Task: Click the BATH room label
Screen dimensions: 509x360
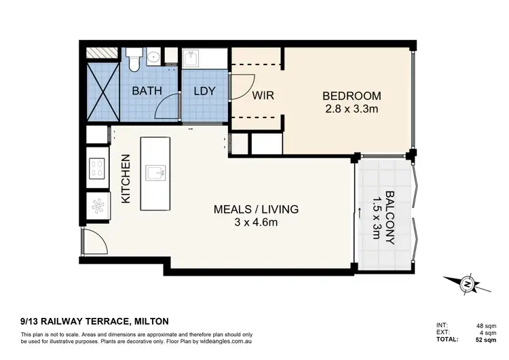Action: click(147, 90)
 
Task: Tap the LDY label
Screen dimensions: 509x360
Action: click(204, 91)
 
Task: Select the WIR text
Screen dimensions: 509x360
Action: click(263, 96)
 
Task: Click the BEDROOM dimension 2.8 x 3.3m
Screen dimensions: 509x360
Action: click(352, 109)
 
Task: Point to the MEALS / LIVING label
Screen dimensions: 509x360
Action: click(256, 209)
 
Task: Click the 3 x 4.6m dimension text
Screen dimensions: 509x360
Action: click(256, 223)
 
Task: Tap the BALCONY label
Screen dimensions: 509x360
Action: click(390, 217)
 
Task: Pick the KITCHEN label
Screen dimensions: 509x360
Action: click(126, 179)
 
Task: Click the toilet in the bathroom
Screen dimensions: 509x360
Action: click(134, 60)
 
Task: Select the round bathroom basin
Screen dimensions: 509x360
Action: click(153, 58)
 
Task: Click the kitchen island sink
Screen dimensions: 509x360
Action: click(156, 173)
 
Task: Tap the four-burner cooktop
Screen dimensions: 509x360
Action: click(97, 168)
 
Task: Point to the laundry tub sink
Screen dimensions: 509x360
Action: click(191, 58)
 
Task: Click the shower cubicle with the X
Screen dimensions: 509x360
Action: click(103, 92)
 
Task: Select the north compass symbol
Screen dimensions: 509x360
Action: click(467, 285)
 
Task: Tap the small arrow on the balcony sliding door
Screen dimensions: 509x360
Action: click(360, 214)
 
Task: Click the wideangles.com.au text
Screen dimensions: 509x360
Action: click(226, 342)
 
